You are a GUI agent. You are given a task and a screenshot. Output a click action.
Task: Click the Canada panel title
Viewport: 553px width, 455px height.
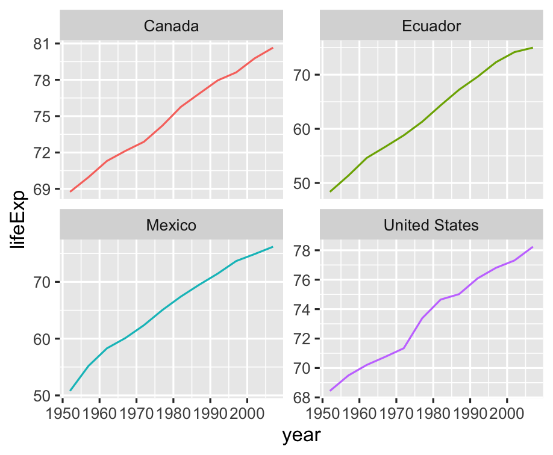tap(172, 26)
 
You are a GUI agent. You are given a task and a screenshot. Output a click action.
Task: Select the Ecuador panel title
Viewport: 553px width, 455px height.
tap(431, 26)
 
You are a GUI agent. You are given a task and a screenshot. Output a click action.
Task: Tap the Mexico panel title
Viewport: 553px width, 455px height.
tap(172, 226)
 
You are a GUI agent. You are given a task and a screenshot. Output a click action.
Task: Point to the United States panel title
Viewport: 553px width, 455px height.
tap(431, 226)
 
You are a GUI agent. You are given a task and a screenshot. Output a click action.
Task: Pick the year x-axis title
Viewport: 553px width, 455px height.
tap(301, 435)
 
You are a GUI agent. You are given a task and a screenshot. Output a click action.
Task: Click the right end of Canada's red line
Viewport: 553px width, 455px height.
tap(273, 48)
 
